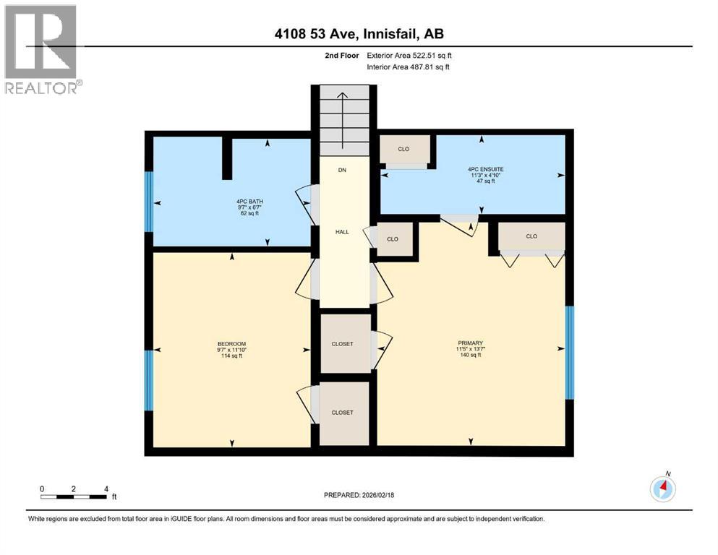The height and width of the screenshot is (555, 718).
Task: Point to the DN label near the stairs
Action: (x=342, y=171)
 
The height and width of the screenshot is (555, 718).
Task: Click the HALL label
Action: (x=342, y=231)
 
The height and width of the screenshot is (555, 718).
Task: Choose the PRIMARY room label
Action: (x=470, y=348)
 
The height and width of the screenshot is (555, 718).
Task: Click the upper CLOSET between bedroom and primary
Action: (x=343, y=344)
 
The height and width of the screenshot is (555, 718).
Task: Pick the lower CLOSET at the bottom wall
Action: (x=343, y=413)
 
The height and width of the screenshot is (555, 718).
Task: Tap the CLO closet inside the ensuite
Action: (x=404, y=150)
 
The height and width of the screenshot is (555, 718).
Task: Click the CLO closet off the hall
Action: (x=393, y=239)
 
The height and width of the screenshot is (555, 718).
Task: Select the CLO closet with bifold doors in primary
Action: (x=531, y=236)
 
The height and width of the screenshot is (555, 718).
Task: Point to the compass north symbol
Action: (x=662, y=489)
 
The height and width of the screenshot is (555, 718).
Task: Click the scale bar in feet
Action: (x=75, y=495)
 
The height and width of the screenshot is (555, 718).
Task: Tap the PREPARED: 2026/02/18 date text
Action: (x=359, y=495)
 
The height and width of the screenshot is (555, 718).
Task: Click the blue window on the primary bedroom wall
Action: (x=569, y=353)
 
